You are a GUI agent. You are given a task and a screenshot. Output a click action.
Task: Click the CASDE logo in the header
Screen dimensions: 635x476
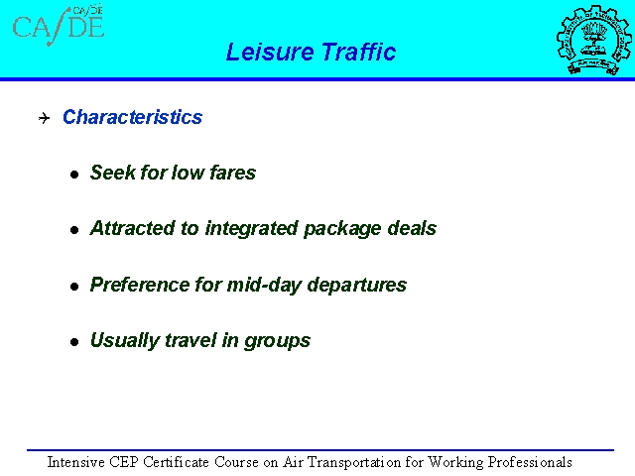pos(59,25)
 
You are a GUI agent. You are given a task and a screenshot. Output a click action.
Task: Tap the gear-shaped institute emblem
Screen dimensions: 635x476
pos(593,40)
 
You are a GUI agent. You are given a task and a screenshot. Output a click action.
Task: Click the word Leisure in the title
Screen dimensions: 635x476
pos(270,52)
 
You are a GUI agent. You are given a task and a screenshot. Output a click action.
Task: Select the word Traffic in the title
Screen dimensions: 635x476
pos(359,52)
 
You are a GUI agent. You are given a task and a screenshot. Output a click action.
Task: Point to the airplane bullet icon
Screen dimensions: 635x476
pos(44,118)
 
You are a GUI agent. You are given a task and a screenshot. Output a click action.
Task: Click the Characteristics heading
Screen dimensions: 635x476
pos(132,117)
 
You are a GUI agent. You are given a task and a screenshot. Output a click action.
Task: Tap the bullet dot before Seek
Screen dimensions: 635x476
pos(74,175)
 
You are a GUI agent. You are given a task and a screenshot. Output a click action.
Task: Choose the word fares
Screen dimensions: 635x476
pos(233,173)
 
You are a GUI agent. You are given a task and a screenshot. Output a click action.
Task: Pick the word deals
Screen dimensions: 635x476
pos(412,228)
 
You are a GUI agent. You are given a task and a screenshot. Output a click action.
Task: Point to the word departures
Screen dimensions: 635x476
pos(357,286)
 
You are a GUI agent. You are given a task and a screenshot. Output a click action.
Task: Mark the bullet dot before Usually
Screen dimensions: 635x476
pos(74,342)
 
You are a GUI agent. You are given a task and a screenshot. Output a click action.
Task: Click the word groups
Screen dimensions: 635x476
pos(278,341)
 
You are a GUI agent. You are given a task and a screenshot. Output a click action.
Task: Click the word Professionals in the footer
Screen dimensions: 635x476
pos(530,462)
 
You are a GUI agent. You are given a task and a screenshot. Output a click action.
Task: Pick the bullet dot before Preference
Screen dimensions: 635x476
pos(74,287)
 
